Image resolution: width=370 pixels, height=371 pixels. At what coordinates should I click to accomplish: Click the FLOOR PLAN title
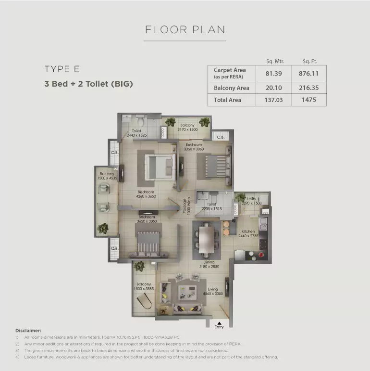185,29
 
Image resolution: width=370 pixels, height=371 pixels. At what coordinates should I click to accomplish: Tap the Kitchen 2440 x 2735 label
248,234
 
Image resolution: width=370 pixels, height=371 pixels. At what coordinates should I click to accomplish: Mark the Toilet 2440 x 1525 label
136,133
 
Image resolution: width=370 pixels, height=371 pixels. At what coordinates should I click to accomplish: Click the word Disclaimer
28,331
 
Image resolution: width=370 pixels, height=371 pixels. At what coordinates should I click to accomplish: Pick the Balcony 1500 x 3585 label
144,286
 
